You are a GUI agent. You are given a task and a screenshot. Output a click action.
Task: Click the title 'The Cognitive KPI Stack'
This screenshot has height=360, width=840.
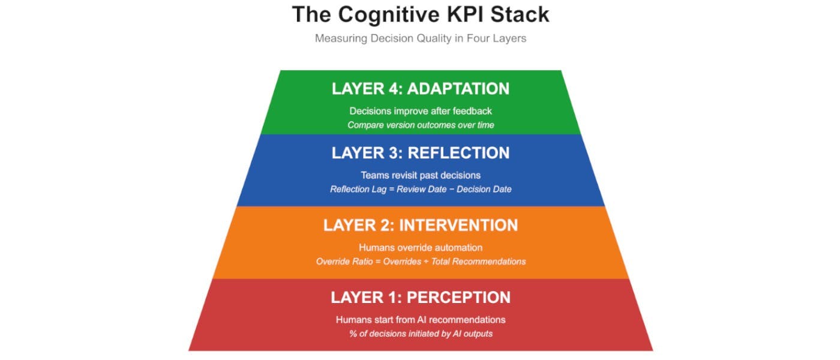(420, 14)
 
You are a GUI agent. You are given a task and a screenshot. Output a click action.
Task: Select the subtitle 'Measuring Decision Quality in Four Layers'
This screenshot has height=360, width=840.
(420, 38)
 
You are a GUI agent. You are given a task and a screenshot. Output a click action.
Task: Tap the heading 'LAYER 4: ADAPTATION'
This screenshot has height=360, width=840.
(420, 89)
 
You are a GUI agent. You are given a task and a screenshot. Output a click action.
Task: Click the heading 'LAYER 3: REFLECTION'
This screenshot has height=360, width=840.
(420, 153)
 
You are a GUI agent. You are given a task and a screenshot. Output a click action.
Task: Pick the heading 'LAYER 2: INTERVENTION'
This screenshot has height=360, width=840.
(420, 226)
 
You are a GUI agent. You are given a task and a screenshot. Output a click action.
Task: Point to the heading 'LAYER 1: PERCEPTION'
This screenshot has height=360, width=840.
(420, 298)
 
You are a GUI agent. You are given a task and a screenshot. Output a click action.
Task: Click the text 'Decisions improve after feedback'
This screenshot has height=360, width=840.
(420, 111)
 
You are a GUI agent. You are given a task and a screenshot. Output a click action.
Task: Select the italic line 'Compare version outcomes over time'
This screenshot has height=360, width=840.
(420, 125)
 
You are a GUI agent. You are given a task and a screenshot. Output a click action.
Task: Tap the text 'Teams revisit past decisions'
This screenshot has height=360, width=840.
(420, 175)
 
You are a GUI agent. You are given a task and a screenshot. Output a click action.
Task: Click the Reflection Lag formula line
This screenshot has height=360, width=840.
(420, 189)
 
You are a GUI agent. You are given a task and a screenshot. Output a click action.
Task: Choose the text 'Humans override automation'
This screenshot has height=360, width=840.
(420, 247)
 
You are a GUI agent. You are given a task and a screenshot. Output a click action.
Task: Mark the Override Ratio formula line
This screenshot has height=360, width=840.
(420, 262)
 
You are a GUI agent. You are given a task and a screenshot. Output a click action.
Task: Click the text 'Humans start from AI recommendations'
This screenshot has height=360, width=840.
(420, 319)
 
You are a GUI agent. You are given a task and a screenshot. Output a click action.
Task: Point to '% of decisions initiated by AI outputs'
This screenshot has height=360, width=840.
(420, 334)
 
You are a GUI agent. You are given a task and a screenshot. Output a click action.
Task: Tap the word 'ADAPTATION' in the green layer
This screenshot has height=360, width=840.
(458, 89)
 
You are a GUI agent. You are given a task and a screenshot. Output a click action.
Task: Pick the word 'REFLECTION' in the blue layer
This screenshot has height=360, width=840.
(458, 153)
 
